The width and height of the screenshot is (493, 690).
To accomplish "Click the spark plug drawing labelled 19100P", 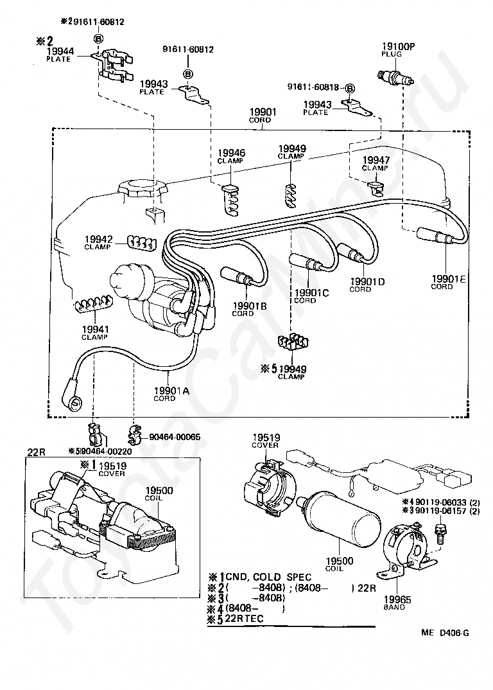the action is tap(396, 78).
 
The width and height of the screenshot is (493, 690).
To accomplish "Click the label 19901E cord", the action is tap(448, 281).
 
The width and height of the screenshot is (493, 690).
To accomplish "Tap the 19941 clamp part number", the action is tap(95, 329).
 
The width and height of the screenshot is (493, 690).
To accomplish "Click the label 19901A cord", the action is tap(171, 393).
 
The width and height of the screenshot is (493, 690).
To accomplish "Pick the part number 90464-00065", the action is tap(175, 437).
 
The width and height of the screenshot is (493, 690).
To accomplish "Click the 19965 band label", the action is tap(397, 603).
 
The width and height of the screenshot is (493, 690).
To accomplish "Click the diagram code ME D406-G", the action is tap(445, 633).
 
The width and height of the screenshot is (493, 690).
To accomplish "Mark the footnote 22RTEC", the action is tap(244, 618).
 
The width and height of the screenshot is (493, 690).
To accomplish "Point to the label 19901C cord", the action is tap(311, 296).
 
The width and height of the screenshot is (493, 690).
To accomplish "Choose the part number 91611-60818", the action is tap(313, 87).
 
